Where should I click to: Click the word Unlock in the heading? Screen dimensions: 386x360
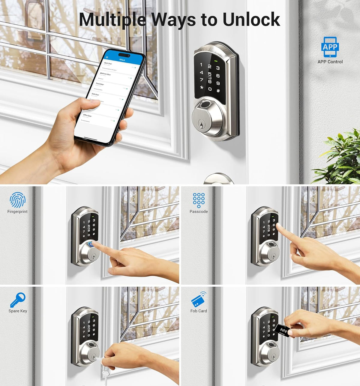tap(251, 20)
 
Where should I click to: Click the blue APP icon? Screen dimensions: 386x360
tap(330, 47)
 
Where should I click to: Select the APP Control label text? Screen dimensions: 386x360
tap(330, 62)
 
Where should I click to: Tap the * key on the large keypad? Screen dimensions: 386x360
tap(202, 88)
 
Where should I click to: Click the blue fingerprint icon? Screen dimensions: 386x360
tap(17, 200)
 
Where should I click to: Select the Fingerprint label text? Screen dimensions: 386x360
tap(17, 212)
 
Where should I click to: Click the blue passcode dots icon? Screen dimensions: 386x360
tap(199, 200)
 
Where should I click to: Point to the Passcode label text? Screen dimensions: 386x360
tap(199, 212)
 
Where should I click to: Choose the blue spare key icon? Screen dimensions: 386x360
tap(18, 300)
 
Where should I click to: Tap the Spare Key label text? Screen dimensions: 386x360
tap(18, 311)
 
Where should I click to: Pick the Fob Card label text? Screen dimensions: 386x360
tap(199, 311)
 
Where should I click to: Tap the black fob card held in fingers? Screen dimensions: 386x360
tap(283, 330)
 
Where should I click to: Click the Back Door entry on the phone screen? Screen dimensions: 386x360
tap(108, 64)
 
